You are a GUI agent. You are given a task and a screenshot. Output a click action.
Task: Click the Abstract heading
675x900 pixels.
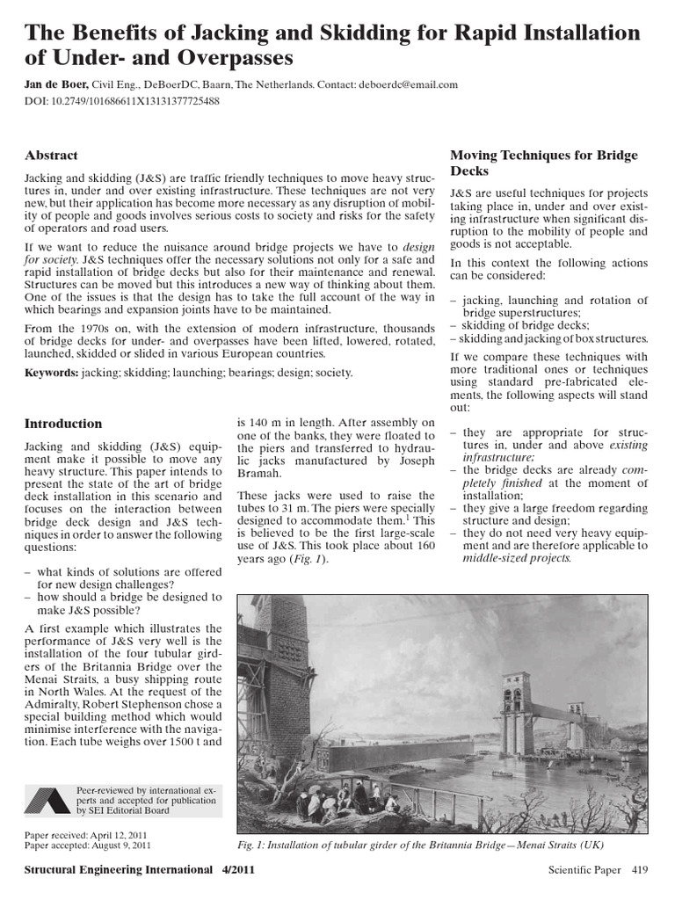(x=52, y=156)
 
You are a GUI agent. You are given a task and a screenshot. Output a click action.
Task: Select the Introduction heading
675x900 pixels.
(x=62, y=424)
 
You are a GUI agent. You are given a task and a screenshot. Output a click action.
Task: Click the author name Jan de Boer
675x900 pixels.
(x=58, y=84)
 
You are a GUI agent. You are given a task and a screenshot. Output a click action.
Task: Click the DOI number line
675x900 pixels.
(x=122, y=101)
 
